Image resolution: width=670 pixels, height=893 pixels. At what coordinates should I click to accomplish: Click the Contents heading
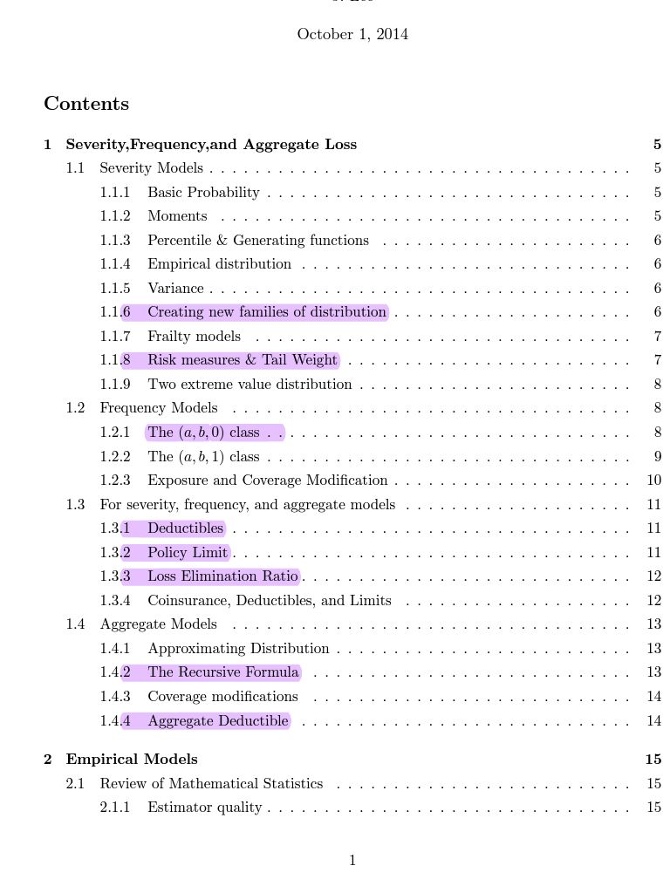(86, 104)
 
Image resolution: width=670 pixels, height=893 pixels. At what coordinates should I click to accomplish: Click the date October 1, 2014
(352, 35)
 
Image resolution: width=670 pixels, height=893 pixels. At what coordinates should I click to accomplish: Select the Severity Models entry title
(151, 168)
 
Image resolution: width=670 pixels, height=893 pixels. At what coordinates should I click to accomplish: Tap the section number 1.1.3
(115, 240)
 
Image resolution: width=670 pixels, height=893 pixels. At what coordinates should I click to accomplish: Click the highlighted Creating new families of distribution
(266, 312)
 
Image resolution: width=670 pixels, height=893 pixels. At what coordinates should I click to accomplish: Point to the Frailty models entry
(194, 336)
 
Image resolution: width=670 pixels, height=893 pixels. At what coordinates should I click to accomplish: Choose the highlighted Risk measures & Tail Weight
(242, 360)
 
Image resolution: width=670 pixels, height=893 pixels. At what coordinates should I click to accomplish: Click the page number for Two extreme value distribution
(657, 385)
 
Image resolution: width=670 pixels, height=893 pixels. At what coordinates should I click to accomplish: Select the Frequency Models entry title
(159, 408)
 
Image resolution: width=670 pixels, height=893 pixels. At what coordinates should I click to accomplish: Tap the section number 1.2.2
(115, 456)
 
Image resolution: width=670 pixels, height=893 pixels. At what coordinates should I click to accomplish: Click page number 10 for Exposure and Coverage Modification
(654, 481)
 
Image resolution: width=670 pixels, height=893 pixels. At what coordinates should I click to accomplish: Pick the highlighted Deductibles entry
(185, 528)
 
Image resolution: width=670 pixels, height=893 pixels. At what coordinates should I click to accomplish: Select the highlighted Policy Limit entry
(188, 552)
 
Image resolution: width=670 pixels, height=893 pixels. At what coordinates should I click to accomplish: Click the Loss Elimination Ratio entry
(222, 576)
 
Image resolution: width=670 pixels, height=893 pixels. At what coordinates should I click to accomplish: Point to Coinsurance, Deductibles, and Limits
(269, 600)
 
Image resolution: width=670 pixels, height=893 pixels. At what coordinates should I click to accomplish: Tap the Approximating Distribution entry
(238, 648)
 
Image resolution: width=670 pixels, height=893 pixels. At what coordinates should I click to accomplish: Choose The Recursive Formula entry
(222, 672)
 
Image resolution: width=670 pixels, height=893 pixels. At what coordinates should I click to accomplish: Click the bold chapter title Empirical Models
(132, 759)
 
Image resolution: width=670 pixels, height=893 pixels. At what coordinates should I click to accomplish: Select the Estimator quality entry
(204, 808)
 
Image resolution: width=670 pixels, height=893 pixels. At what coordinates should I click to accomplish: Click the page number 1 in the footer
(352, 861)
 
